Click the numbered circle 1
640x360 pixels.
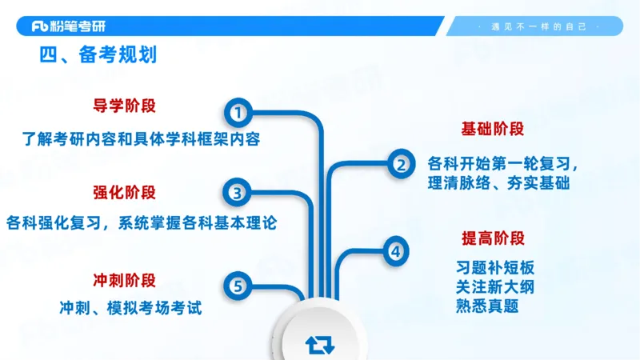(237, 111)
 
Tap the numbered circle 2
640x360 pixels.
(400, 164)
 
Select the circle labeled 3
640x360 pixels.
(237, 193)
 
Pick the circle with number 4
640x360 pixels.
(395, 251)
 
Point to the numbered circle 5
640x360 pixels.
(237, 285)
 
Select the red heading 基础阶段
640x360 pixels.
(493, 129)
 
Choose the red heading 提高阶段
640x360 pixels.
(493, 238)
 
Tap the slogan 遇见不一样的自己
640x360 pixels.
(543, 26)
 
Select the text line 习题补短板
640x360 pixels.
(494, 267)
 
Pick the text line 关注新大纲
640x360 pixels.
(494, 286)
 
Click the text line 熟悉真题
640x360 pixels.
(487, 306)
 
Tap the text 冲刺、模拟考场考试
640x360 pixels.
(130, 306)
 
